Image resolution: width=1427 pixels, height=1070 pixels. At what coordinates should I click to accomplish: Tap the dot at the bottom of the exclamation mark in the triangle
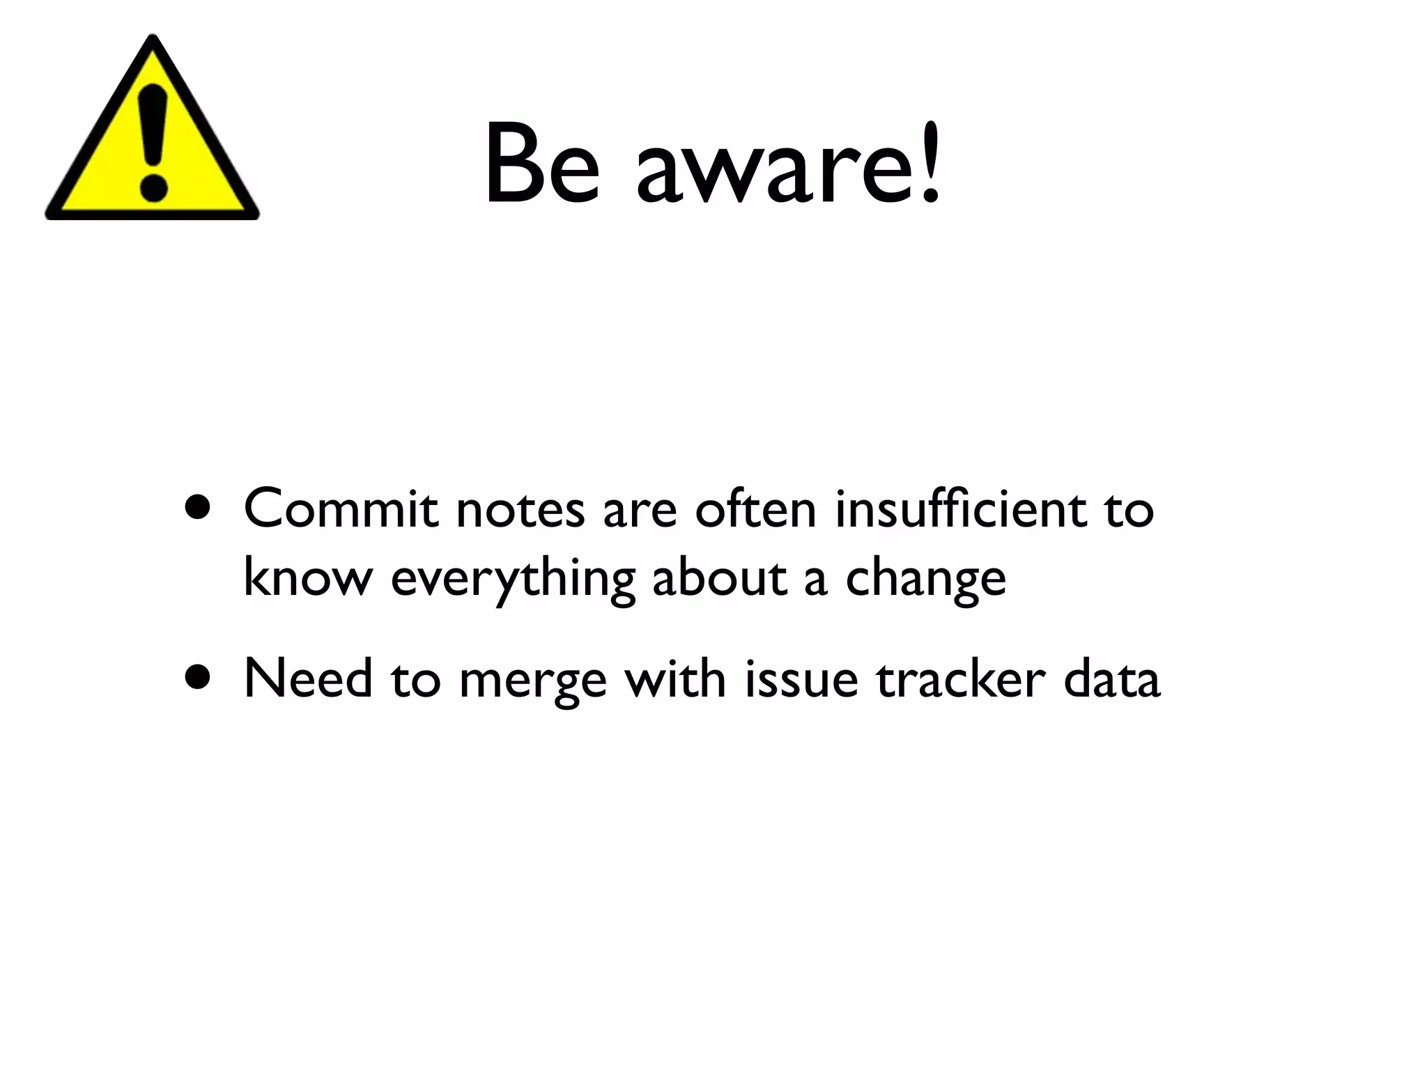(153, 187)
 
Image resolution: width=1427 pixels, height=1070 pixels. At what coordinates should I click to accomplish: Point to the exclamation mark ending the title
(930, 164)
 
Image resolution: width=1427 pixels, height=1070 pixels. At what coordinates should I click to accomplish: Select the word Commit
(341, 509)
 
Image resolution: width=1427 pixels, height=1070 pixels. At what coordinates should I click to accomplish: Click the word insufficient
(961, 509)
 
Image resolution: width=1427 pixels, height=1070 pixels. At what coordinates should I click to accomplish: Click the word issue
(801, 679)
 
